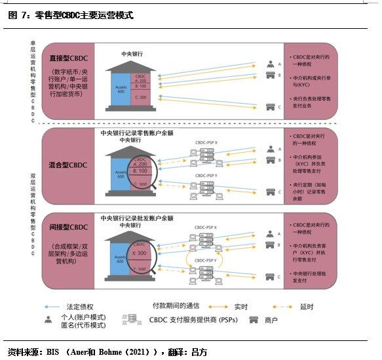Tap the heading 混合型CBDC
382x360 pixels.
pyautogui.click(x=69, y=165)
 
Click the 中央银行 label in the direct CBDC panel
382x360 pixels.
pyautogui.click(x=132, y=53)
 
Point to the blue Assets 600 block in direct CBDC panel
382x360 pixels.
pyautogui.click(x=122, y=90)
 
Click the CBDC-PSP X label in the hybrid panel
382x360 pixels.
pyautogui.click(x=208, y=141)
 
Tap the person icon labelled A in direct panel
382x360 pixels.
pyautogui.click(x=269, y=64)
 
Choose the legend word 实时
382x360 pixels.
pyautogui.click(x=240, y=306)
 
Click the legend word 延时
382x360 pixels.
pyautogui.click(x=305, y=306)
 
